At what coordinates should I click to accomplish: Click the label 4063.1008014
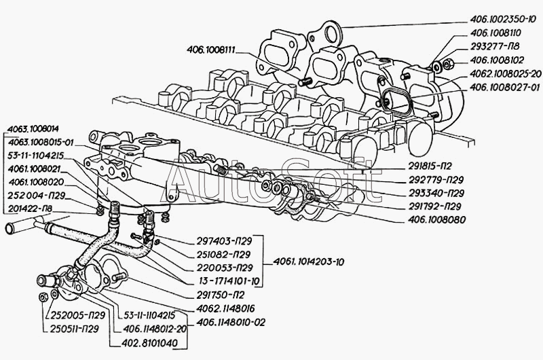click(33, 128)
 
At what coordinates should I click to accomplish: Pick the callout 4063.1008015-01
click(42, 142)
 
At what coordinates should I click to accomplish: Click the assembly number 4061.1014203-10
click(307, 263)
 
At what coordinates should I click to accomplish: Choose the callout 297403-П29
click(229, 242)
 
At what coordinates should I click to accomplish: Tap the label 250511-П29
click(75, 328)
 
